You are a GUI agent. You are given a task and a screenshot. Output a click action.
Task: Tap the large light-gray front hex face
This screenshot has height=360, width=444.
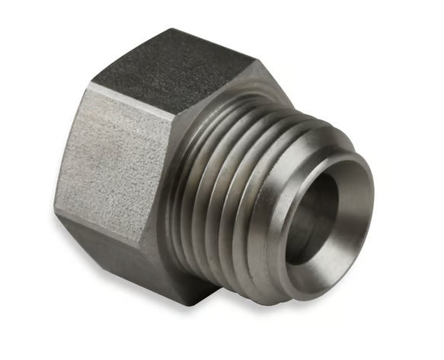(x=114, y=164)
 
